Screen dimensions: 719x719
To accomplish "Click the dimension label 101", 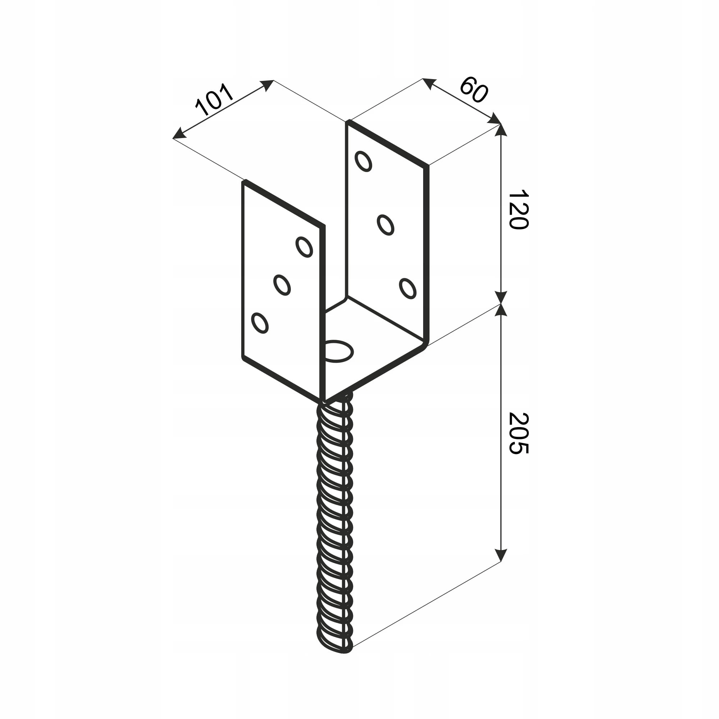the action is tap(214, 99).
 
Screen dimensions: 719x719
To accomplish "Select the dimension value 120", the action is tap(518, 210).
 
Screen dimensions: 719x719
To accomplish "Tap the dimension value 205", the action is tap(518, 433).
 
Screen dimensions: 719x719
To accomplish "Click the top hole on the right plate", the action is tap(363, 161).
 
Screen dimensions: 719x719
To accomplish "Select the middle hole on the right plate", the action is tap(385, 225).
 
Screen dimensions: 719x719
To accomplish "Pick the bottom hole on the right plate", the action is tap(408, 288).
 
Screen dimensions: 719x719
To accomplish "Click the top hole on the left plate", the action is tap(304, 247).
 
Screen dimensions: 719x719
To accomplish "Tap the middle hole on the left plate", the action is tap(282, 285).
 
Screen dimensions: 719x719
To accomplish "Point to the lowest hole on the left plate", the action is tap(260, 323).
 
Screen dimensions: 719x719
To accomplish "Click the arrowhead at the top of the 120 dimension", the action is tap(501, 130).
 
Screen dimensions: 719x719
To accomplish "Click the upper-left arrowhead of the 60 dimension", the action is tap(430, 84).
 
